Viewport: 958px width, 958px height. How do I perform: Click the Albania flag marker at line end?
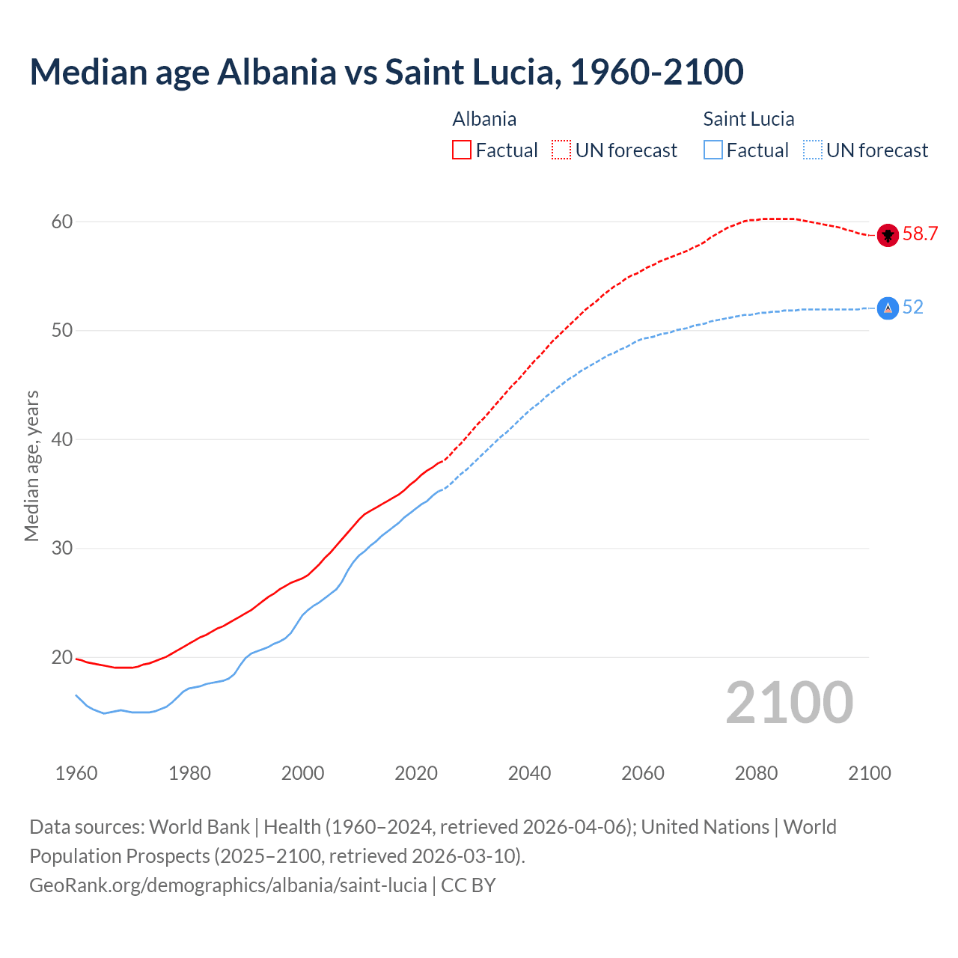(x=888, y=235)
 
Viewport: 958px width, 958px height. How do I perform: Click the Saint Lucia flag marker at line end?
(x=888, y=308)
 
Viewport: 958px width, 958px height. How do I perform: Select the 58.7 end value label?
(x=920, y=234)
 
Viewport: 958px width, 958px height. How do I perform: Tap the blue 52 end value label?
(x=913, y=308)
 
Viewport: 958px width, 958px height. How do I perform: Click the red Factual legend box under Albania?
(x=462, y=150)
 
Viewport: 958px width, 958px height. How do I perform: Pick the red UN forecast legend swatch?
(x=561, y=150)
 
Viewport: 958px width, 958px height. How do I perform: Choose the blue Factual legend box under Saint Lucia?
(x=713, y=150)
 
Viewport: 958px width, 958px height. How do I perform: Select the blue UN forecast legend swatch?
(x=813, y=150)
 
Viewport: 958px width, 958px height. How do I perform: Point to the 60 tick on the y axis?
(x=62, y=222)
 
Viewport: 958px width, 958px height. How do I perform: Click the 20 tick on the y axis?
(x=62, y=658)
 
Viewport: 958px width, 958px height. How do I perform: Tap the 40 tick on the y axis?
(x=62, y=439)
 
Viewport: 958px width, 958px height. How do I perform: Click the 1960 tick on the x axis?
(x=76, y=773)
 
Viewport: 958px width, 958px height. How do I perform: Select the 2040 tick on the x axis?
(x=529, y=773)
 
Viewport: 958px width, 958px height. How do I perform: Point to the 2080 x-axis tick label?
(x=756, y=773)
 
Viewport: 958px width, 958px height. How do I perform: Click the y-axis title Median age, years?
(x=31, y=466)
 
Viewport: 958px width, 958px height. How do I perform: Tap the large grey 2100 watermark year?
(x=789, y=703)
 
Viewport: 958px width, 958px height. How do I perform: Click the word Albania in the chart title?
(x=277, y=72)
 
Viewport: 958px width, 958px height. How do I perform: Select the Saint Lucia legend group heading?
(x=748, y=119)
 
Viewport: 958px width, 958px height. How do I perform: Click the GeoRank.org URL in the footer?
(x=228, y=885)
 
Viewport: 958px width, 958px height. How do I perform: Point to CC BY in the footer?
(x=469, y=885)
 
